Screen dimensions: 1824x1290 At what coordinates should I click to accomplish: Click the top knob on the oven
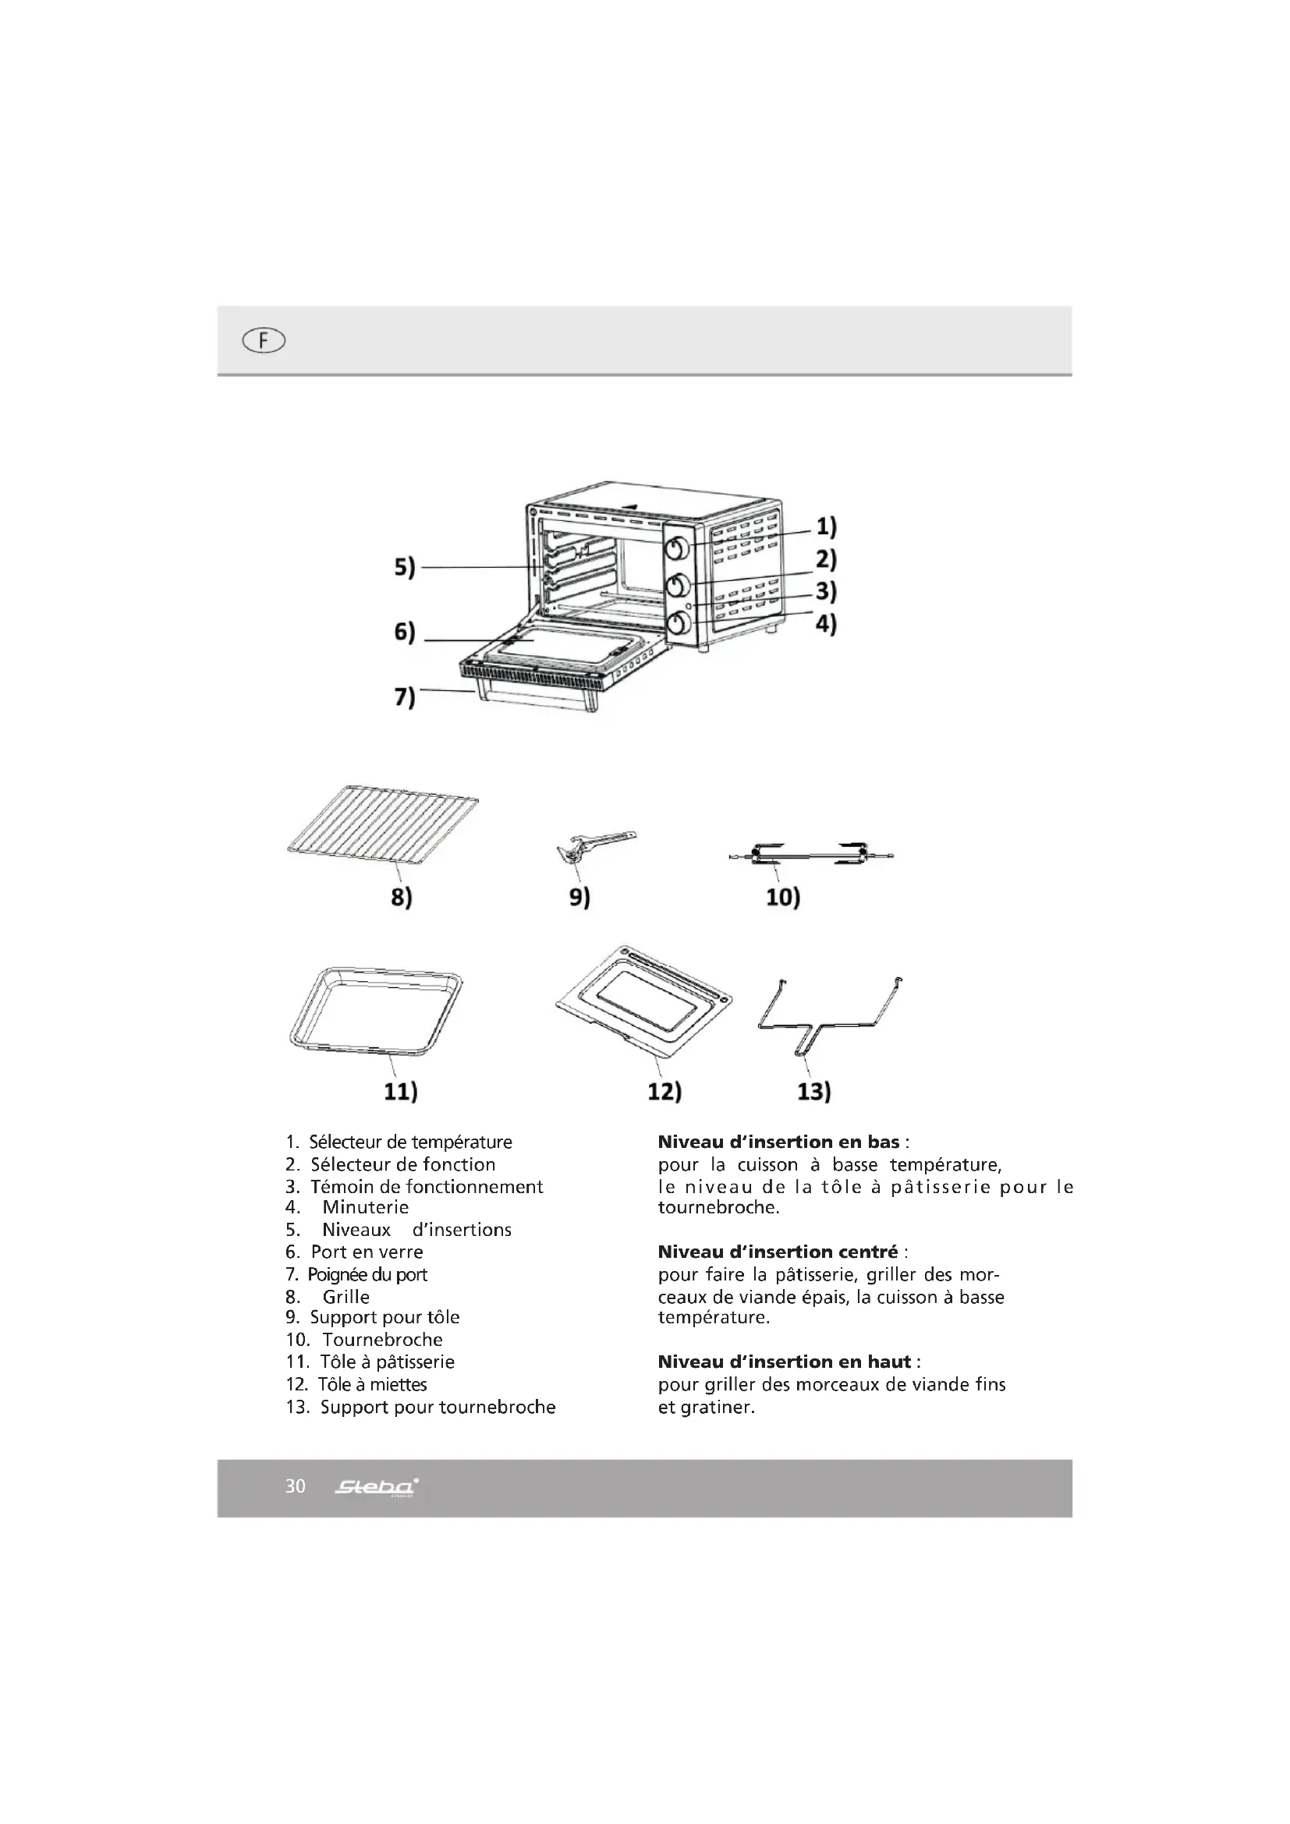tap(678, 548)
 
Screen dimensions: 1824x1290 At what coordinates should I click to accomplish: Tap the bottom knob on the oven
tap(678, 624)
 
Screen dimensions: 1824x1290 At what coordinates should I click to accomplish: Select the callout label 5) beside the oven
tap(405, 568)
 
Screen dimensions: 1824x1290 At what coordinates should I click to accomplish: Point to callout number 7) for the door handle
tap(405, 696)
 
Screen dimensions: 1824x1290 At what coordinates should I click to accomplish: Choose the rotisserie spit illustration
tap(810, 855)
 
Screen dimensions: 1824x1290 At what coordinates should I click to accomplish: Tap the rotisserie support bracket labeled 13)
tap(828, 1015)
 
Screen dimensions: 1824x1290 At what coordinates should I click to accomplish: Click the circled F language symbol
tap(264, 341)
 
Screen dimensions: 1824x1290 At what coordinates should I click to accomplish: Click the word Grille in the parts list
tap(346, 1297)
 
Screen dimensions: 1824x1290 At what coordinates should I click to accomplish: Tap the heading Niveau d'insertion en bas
tap(778, 1142)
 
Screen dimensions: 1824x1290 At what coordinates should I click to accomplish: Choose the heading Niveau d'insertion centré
tap(778, 1252)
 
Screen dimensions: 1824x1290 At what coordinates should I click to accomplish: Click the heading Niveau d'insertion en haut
tap(785, 1362)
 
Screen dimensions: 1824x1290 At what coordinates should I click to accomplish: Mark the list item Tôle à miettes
tap(373, 1385)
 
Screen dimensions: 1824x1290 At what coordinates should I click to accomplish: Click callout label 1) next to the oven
tap(826, 526)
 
